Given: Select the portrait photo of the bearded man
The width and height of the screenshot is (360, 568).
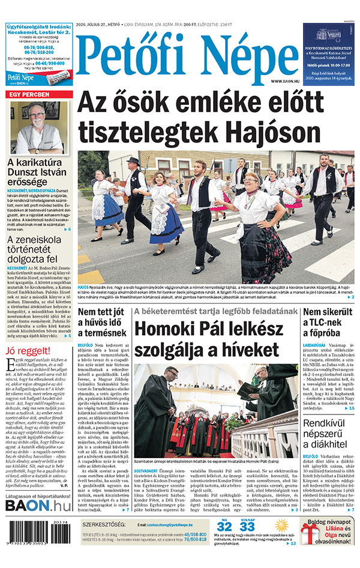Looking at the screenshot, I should pyautogui.click(x=38, y=127).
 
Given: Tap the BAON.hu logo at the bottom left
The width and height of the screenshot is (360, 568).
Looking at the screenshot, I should pyautogui.click(x=37, y=505).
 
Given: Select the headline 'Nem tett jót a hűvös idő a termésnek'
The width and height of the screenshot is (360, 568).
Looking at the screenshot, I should pyautogui.click(x=103, y=323).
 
